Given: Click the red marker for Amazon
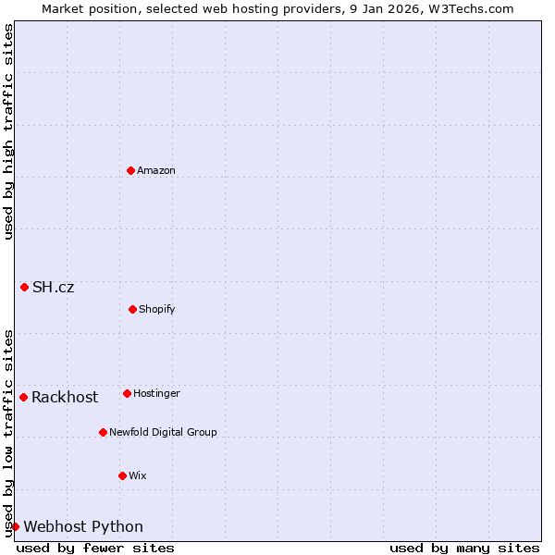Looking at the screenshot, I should click(x=130, y=170).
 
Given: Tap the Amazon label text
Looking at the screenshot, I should click(x=156, y=171).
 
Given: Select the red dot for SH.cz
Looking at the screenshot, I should click(x=24, y=287).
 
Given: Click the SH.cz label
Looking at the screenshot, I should click(x=53, y=288).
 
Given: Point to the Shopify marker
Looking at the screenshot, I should click(x=132, y=309).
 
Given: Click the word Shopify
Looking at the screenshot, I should click(x=157, y=310).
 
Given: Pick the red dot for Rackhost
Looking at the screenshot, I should click(x=23, y=397).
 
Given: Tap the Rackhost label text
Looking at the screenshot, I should click(x=65, y=398).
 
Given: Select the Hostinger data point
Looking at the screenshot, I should click(x=127, y=393).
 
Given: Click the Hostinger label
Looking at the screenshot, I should click(x=156, y=394).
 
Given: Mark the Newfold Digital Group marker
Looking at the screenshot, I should click(x=103, y=432).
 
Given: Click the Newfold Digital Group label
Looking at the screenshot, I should click(x=163, y=433).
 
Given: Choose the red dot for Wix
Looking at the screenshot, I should click(x=122, y=475).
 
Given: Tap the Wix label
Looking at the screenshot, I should click(x=137, y=476).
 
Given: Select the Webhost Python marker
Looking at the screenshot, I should click(x=15, y=526).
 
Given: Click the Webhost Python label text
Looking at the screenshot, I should click(x=83, y=527).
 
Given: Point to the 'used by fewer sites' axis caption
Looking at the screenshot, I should click(x=95, y=548).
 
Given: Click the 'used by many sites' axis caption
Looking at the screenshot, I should click(x=464, y=548).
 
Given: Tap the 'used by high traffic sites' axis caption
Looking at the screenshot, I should click(x=8, y=131).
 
